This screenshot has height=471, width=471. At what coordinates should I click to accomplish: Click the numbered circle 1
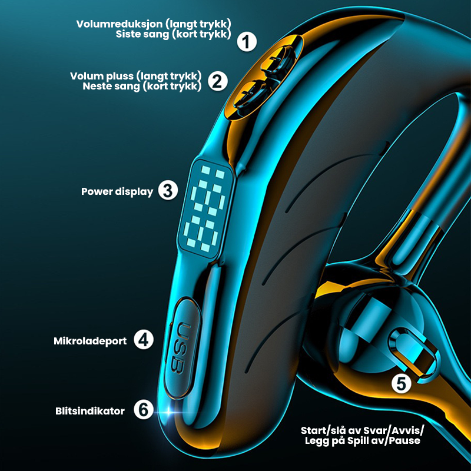pos(247,42)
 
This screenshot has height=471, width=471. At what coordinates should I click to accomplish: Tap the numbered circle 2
pos(218,81)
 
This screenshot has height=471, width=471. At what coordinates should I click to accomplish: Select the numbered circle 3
pos(168,190)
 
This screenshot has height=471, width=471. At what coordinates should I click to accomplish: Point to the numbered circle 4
pos(144,340)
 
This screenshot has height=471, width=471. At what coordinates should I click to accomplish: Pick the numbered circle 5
pos(402,384)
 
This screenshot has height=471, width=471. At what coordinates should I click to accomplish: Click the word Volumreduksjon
pos(120,24)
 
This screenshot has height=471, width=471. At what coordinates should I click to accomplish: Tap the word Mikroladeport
pos(90,341)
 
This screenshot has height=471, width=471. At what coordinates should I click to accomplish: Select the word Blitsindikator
pos(90,411)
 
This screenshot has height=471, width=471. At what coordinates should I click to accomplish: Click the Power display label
pos(117,192)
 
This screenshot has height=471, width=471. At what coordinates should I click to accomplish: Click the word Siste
pos(127,34)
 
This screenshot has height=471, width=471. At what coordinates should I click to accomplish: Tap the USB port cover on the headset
pos(182,349)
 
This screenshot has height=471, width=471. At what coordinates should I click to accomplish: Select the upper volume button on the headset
pos(278,59)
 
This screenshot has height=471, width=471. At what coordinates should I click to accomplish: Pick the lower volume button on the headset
pos(250,95)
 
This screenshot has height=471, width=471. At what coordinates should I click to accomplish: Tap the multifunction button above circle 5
pos(414,355)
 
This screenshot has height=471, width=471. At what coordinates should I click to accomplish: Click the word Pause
pos(404,441)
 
